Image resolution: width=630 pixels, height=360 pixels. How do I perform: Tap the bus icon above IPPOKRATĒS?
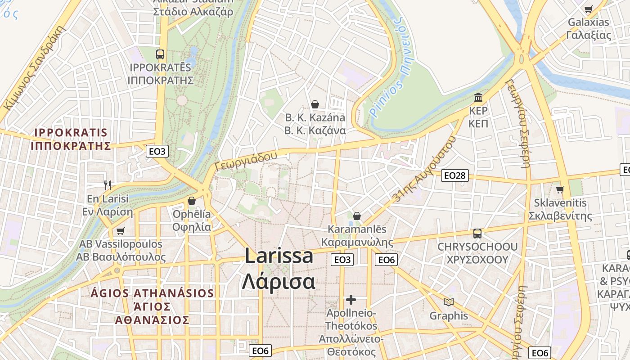pos(160,54)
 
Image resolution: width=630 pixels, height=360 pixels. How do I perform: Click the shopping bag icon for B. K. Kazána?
pos(315,104)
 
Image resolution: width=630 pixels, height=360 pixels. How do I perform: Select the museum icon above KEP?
pos(478,97)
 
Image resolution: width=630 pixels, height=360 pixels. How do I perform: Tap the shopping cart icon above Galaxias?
pos(588,9)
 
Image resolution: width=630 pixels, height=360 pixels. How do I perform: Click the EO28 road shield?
pos(455,175)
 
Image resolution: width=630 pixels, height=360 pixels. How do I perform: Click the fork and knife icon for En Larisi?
pos(108,185)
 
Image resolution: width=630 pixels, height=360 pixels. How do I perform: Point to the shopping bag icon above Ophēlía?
pos(192,200)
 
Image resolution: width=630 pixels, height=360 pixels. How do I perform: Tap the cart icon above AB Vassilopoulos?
pos(120,231)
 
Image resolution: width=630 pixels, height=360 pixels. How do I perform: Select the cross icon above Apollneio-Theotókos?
pos(351,299)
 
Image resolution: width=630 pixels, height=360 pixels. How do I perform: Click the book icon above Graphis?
pos(449,302)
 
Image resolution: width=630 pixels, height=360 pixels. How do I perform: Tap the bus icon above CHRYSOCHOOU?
pos(477,234)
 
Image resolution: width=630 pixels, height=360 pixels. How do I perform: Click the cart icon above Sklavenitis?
pos(560,189)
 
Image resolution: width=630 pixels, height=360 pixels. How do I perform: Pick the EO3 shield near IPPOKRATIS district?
pos(157,151)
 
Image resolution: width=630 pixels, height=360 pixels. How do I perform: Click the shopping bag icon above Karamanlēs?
pos(357,216)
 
